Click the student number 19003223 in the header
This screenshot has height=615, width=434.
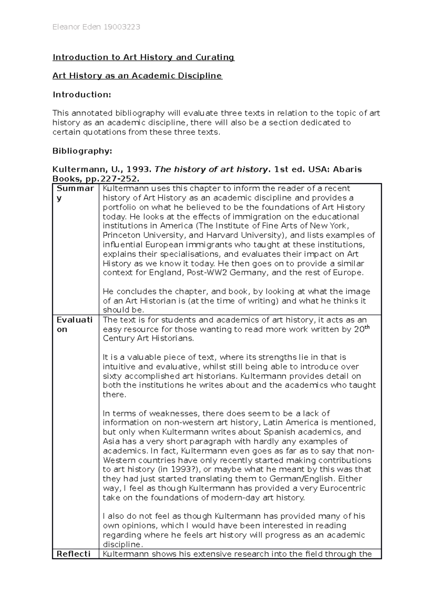click(x=122, y=27)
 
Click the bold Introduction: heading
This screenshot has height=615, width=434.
click(x=82, y=95)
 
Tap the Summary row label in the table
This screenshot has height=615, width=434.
click(x=75, y=193)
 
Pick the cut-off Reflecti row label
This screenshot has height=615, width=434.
click(x=73, y=554)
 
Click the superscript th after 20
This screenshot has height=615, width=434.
click(x=367, y=327)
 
